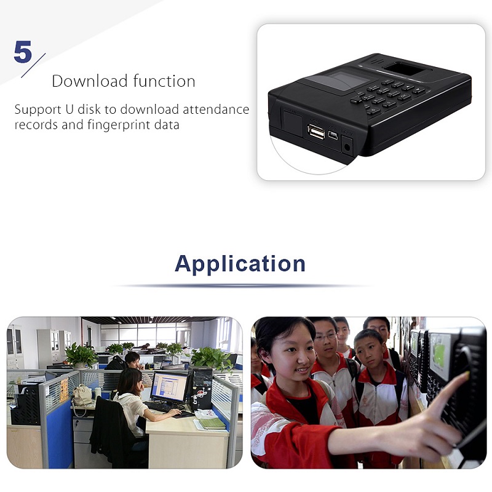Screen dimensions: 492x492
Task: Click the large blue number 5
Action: point(23,52)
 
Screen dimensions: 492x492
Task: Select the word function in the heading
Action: point(164,81)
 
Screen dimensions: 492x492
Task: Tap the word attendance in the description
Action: point(216,109)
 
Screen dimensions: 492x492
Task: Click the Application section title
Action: point(240,264)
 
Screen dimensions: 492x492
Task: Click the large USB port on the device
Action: point(316,131)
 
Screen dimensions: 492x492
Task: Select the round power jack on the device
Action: point(347,147)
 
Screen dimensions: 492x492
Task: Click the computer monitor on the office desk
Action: point(169,387)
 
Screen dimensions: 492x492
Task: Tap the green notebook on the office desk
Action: point(212,423)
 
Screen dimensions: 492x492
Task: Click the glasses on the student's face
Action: point(325,337)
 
